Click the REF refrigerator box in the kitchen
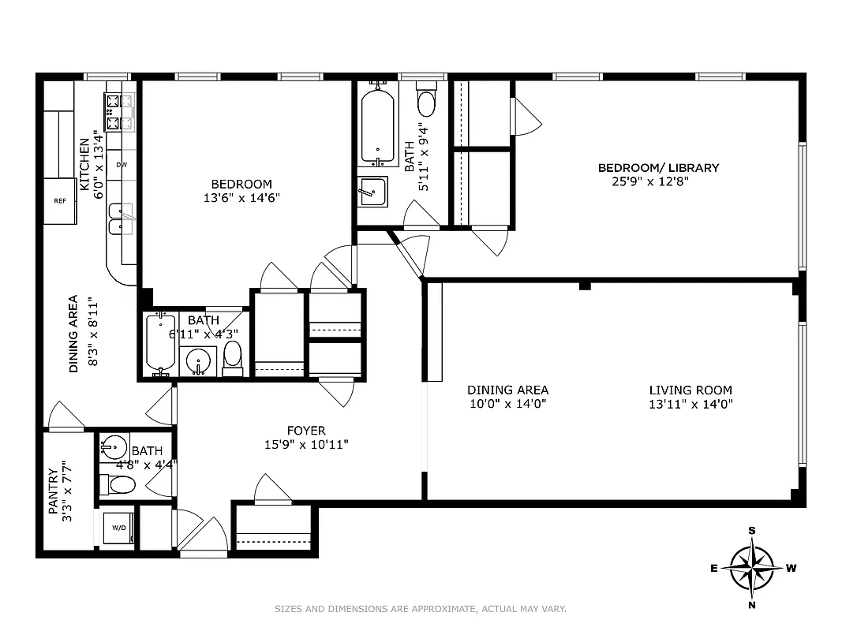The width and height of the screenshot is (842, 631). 60,200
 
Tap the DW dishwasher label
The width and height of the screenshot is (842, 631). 122,165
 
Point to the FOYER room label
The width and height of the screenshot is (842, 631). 306,431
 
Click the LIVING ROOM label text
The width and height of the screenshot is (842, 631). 690,390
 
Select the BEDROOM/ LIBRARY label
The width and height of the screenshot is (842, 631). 658,167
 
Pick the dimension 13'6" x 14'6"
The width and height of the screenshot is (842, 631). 241,198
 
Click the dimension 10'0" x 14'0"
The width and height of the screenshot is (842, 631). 507,404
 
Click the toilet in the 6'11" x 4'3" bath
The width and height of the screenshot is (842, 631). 233,356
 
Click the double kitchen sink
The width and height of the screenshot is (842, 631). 121,220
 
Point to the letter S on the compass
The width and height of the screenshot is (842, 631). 751,531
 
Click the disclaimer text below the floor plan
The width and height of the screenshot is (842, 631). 421,608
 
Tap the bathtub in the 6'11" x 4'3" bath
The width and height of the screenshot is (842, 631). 161,342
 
